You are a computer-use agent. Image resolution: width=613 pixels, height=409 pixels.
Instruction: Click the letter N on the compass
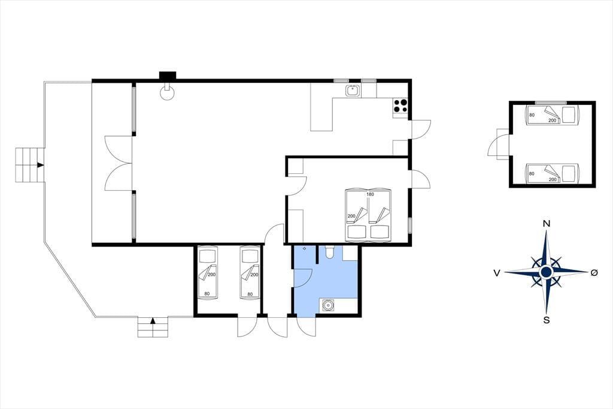pos(547,224)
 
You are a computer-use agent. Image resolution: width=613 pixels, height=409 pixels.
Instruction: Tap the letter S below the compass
pos(547,320)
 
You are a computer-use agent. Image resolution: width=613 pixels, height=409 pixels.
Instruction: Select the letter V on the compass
pos(497,273)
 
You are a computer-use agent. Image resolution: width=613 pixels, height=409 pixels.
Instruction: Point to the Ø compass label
pos(594,273)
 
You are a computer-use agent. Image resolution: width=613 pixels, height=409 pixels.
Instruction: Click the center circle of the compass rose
pos(546,272)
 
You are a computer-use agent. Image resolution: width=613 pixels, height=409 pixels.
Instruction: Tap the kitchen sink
pos(353,91)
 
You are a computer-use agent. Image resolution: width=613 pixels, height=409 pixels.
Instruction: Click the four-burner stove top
pos(400,106)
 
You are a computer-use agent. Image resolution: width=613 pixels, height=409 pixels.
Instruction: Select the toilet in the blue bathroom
pos(329,252)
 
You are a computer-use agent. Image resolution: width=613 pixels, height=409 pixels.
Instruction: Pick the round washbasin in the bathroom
pos(327,305)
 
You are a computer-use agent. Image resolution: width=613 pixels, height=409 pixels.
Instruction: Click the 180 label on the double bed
pos(370,194)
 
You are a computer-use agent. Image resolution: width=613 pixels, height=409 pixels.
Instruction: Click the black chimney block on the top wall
pos(168,76)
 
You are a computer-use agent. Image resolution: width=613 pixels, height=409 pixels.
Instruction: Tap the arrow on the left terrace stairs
pos(40,165)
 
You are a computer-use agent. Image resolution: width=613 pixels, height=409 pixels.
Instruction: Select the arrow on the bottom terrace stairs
pos(153,321)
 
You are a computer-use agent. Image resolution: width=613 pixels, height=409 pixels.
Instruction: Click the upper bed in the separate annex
pos(553,115)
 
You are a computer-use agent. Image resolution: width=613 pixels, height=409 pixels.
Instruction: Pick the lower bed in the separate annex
pos(553,173)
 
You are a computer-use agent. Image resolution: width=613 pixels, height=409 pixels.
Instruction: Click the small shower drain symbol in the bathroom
pos(305,249)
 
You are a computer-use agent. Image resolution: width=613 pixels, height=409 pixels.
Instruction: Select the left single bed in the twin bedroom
pos(207,272)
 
